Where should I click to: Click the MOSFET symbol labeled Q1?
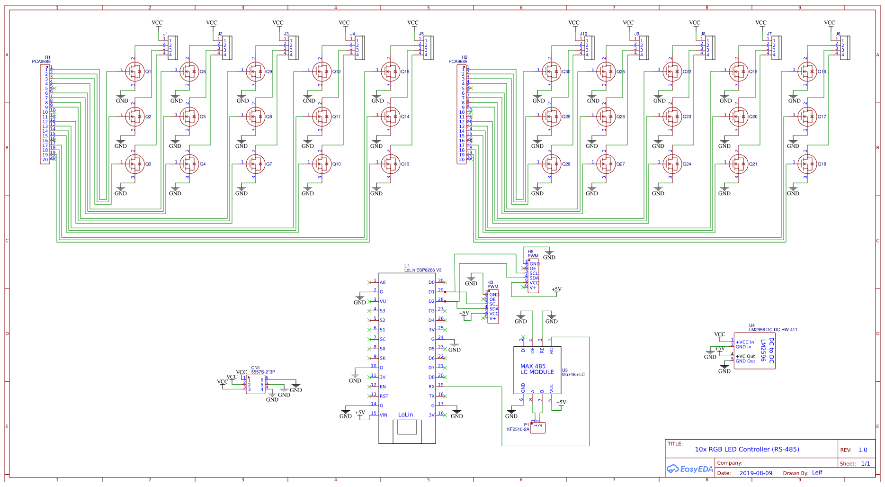pos(135,72)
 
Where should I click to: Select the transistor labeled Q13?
pos(391,164)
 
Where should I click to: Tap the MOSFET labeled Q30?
pos(552,72)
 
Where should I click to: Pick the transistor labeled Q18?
pos(807,164)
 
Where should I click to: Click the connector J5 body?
pos(428,48)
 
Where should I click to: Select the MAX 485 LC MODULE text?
pos(537,370)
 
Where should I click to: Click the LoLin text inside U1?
pos(405,415)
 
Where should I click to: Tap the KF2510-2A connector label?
pos(518,429)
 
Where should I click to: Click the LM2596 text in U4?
pos(763,351)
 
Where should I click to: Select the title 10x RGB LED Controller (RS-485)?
pos(747,449)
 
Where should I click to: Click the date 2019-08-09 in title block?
pos(756,473)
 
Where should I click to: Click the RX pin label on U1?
pos(431,387)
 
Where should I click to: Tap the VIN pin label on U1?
pos(383,415)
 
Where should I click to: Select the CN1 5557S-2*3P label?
pos(263,370)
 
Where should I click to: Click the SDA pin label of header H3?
pos(494,309)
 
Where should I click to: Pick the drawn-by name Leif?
pos(817,472)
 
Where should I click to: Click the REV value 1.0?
pos(863,450)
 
